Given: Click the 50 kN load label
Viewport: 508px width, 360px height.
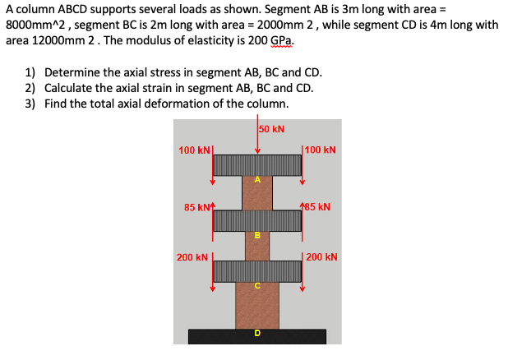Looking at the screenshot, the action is click(x=272, y=129).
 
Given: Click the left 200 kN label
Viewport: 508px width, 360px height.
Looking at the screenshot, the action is click(x=194, y=257).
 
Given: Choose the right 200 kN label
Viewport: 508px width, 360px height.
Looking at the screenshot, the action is click(x=321, y=257).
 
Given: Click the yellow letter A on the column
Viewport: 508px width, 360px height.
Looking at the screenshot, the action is click(x=257, y=179).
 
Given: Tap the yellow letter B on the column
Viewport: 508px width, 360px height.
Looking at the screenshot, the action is click(x=257, y=234).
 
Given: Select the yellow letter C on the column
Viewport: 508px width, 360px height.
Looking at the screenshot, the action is click(x=257, y=287).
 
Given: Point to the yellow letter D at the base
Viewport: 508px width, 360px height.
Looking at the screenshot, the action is click(x=257, y=333).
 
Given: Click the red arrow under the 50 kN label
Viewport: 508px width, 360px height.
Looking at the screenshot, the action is click(x=257, y=140).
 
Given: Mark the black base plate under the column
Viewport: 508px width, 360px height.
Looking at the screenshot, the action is click(x=257, y=337).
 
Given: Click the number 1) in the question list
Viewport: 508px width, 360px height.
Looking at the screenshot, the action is click(x=30, y=72).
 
